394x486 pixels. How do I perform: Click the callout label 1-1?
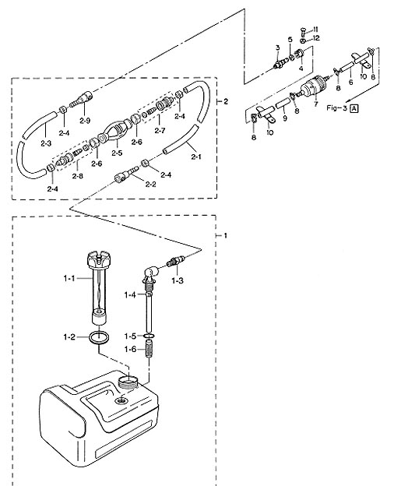tap(69, 278)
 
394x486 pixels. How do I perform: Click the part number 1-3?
tap(178, 281)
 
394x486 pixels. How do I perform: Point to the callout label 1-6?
tap(130, 349)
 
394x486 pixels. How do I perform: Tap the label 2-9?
tap(85, 121)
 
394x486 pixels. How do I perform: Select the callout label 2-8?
tap(78, 176)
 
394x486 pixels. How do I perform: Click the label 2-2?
tap(150, 184)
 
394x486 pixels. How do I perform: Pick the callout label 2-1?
tap(196, 157)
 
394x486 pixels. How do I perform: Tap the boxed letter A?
tap(354, 108)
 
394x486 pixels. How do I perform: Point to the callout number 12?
tap(315, 38)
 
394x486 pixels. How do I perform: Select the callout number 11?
tap(315, 30)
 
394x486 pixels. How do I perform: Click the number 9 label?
tap(285, 118)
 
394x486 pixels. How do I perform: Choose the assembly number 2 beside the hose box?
tap(226, 101)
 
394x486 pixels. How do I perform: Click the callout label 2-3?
tap(46, 143)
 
